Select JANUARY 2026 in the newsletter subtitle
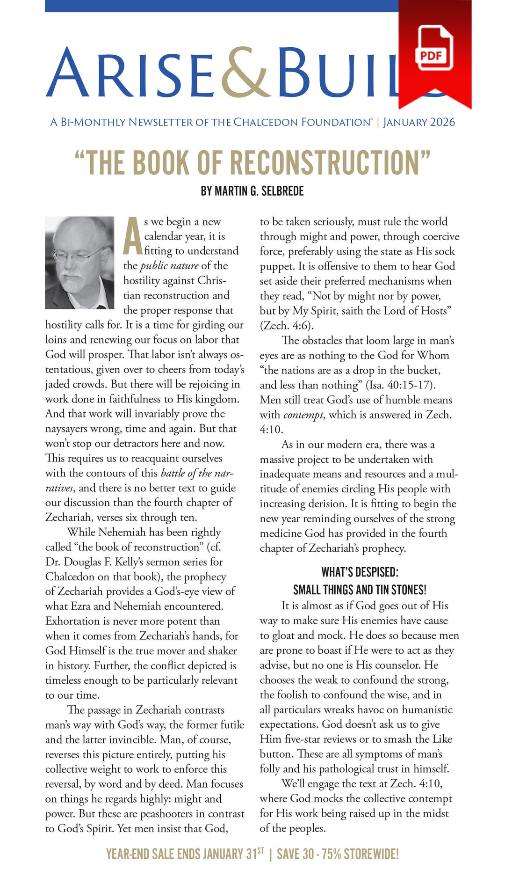(x=419, y=122)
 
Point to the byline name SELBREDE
(x=282, y=191)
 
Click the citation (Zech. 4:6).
(x=287, y=325)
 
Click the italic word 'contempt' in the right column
(x=303, y=415)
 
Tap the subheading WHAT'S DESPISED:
(x=360, y=572)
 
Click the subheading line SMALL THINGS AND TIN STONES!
(x=360, y=589)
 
